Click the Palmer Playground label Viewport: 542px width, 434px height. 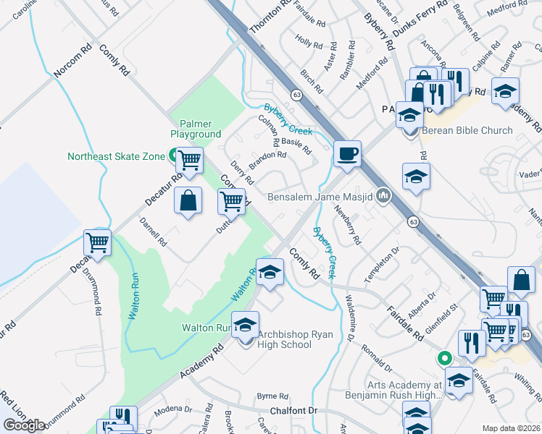click(196, 129)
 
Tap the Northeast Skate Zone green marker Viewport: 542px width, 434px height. click(173, 155)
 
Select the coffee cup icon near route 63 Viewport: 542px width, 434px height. click(348, 153)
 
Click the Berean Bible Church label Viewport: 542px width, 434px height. click(467, 131)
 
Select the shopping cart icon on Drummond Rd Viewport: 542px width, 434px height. click(97, 243)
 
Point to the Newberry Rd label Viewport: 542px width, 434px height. click(349, 225)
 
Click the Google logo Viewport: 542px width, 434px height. click(24, 425)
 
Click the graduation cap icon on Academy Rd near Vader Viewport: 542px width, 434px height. click(417, 176)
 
